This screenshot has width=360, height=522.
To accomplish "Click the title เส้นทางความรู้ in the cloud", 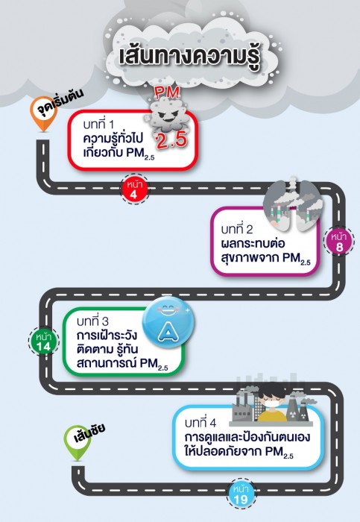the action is coord(189,57).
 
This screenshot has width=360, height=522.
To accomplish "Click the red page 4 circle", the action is coord(133,189).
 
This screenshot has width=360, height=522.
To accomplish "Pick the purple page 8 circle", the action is coord(339,241).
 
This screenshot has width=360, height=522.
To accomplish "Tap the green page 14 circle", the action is coord(43,341).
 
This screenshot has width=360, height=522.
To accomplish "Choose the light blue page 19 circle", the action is coord(241,494).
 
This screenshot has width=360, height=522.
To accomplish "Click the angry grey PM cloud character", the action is coord(166,116).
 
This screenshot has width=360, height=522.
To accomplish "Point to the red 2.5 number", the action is coord(171,141).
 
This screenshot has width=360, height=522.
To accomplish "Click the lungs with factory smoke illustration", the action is coord(293,205).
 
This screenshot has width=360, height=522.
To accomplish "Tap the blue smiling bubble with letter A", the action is coord(168,322).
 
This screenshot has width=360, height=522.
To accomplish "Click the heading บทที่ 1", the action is coord(98,125).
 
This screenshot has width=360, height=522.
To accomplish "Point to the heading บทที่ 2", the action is coord(237,230).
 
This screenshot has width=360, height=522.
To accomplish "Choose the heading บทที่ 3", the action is coord(92,321).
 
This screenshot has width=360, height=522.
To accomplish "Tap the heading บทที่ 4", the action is coord(200,423).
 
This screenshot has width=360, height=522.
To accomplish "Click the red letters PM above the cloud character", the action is coord(168,92).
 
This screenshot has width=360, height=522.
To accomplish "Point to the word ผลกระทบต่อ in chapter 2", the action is coord(253,243).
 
